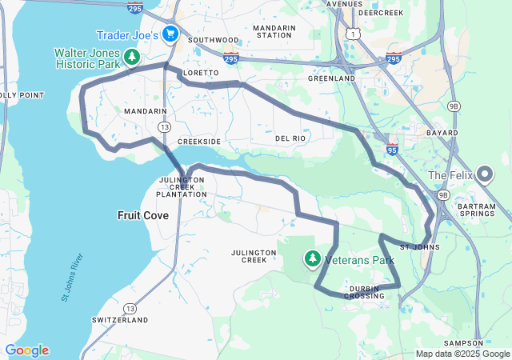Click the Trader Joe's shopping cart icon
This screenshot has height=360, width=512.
click(170, 34)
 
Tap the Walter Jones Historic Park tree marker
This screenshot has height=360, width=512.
click(133, 58)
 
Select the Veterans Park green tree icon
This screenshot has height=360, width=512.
click(313, 258)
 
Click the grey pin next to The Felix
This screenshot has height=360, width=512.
click(485, 174)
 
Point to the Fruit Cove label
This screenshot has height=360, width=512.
click(142, 215)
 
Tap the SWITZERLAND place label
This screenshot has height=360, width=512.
click(120, 319)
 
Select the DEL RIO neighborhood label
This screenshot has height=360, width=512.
click(290, 138)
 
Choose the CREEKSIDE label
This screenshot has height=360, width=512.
click(198, 141)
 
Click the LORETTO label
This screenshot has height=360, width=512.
click(201, 73)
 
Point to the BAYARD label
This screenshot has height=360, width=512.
click(442, 133)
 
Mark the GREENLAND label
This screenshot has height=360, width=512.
click(331, 79)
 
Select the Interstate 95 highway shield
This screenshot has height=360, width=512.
click(392, 148)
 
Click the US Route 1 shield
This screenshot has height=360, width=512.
click(352, 34)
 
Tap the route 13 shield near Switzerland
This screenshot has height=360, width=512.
click(130, 308)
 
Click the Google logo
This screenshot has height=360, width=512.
click(26, 350)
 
